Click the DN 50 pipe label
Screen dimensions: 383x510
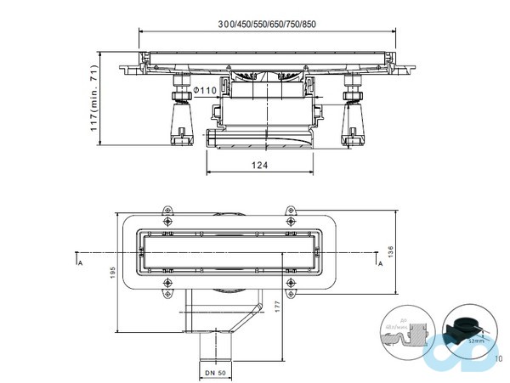215,372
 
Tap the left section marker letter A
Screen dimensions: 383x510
79,264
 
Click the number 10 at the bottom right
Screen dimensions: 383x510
498,358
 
